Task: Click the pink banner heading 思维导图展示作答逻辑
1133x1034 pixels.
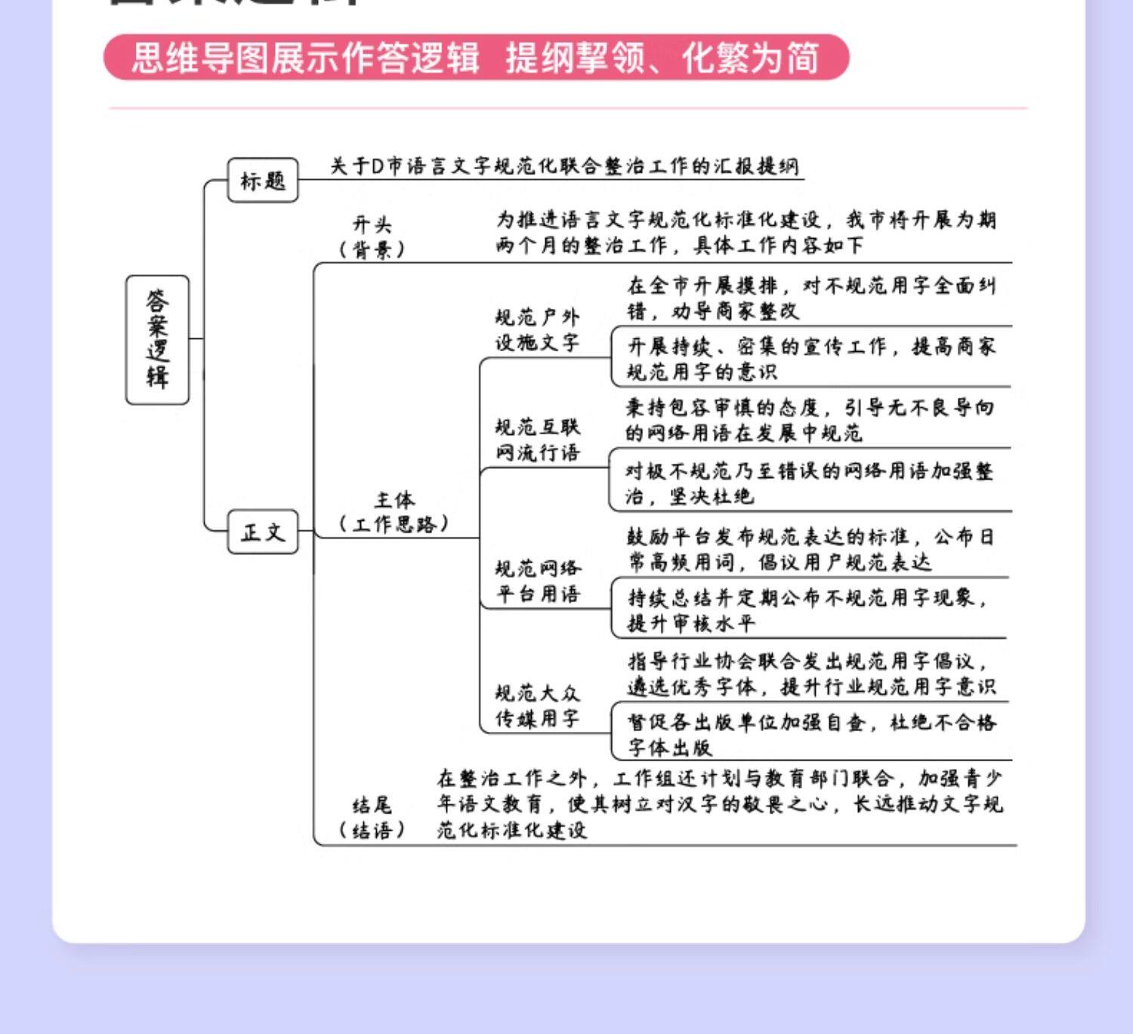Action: (305, 57)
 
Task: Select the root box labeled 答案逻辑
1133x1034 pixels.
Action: (157, 340)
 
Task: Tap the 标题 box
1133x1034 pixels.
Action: (263, 181)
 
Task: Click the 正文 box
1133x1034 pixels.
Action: (263, 532)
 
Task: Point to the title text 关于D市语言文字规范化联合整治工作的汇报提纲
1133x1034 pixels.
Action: (563, 166)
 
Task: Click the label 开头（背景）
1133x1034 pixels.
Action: (372, 236)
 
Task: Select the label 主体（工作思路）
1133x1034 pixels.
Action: (394, 511)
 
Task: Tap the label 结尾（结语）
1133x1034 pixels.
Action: (372, 817)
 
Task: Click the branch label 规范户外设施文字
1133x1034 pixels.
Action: (537, 330)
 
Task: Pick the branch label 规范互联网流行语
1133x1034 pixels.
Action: (537, 440)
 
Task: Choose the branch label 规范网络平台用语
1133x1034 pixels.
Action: (537, 581)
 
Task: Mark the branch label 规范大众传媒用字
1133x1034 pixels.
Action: (537, 705)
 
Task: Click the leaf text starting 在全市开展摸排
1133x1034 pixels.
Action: (811, 298)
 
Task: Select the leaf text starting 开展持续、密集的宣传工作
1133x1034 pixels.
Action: (811, 359)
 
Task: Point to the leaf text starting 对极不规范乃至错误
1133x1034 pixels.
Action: (808, 483)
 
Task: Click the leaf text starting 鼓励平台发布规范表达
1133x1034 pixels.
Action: (810, 549)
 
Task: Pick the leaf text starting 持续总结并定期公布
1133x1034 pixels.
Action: (808, 610)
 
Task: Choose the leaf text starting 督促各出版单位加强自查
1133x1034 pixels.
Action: (811, 734)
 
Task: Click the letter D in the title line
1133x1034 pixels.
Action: (378, 166)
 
